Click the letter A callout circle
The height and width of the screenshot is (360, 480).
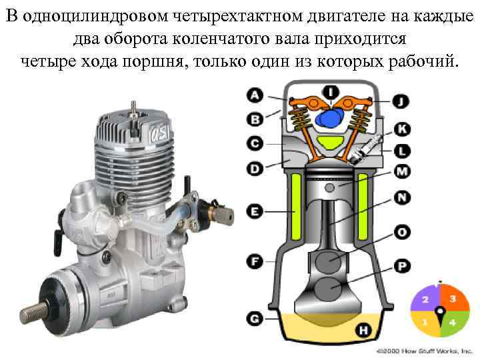[x=255, y=95]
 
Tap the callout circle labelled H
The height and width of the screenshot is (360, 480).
[x=363, y=330]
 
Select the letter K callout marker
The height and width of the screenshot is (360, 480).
[x=402, y=129]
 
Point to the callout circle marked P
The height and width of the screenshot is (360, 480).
[x=402, y=266]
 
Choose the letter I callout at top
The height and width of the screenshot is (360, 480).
[x=331, y=91]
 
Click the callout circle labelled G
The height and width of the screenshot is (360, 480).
[x=255, y=319]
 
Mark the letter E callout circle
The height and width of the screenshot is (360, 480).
[x=255, y=211]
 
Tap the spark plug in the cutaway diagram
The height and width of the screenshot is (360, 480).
[x=366, y=149]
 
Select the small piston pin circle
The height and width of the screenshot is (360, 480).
[x=330, y=187]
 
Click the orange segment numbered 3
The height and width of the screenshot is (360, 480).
[x=454, y=298]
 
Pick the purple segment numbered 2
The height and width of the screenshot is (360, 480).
[x=425, y=299]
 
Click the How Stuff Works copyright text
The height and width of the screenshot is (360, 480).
[x=425, y=351]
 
